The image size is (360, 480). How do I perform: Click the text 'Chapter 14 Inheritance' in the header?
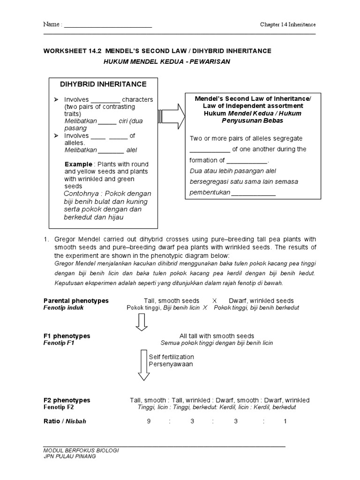pyautogui.click(x=288, y=24)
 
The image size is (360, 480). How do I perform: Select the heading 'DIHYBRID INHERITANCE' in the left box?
pyautogui.click(x=103, y=84)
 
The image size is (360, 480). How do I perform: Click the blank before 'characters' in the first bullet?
pyautogui.click(x=105, y=100)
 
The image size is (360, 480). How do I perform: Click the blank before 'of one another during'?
pyautogui.click(x=210, y=150)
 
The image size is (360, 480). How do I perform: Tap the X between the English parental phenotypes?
pyautogui.click(x=214, y=300)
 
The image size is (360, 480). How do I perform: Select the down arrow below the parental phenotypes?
pyautogui.click(x=142, y=322)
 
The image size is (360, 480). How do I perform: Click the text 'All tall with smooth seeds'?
pyautogui.click(x=217, y=336)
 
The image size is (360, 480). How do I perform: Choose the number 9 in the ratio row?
pyautogui.click(x=149, y=421)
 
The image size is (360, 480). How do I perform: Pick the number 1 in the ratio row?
pyautogui.click(x=285, y=421)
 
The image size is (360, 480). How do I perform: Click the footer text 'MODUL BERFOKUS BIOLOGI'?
pyautogui.click(x=80, y=450)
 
